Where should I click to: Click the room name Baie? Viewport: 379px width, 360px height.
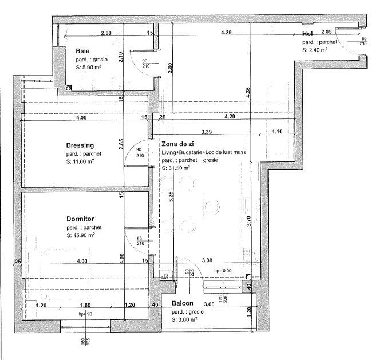tap(82, 52)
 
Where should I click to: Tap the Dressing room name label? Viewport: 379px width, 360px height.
tap(80, 145)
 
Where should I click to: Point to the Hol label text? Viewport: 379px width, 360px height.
tap(307, 34)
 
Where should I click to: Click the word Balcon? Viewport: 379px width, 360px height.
tap(183, 303)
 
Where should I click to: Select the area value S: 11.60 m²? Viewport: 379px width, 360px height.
tap(81, 162)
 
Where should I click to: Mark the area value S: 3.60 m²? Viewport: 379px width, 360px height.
tap(185, 319)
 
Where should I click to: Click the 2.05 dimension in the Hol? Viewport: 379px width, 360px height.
tap(326, 32)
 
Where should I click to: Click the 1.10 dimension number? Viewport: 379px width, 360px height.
tap(277, 132)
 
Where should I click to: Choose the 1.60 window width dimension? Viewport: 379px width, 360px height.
tap(85, 305)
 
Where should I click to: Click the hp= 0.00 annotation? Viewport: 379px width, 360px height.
tap(223, 270)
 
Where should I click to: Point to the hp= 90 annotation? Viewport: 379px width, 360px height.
tap(85, 314)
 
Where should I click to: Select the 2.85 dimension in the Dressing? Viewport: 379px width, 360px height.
tap(121, 144)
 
